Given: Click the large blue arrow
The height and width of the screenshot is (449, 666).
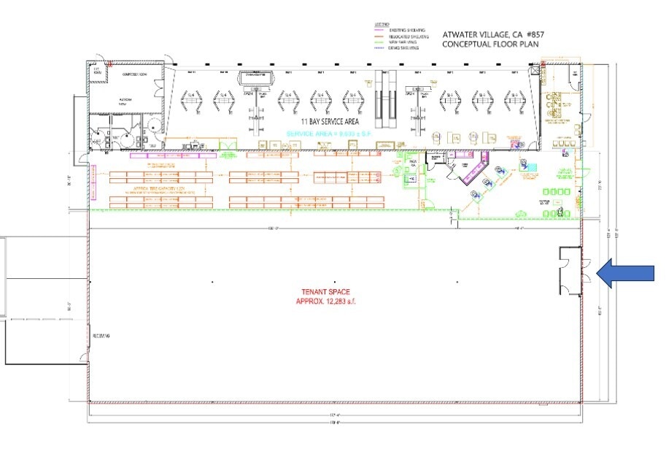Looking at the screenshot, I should point(626,272).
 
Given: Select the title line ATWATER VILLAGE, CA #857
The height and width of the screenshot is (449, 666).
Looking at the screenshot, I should point(493,34).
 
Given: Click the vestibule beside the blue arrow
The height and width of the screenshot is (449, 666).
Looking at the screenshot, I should point(569,271).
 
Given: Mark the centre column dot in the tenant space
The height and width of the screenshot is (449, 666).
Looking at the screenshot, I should point(334,282).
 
